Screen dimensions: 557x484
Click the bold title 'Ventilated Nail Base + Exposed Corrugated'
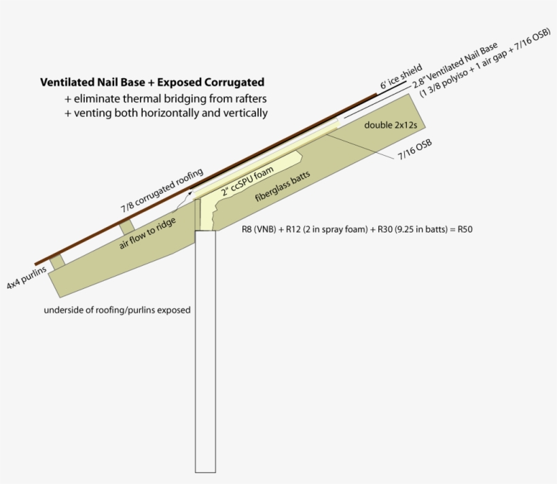pos(152,82)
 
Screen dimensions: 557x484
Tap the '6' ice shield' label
pos(401,76)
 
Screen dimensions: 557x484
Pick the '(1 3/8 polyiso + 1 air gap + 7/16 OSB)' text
pos(485,63)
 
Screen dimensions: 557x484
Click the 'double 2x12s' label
pos(391,125)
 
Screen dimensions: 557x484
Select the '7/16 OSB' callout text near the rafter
pos(415,150)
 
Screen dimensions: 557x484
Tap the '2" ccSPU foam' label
pos(247,181)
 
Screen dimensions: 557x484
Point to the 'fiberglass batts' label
pos(283,186)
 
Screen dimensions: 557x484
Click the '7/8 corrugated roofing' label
pos(162,190)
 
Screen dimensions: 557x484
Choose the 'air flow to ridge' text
pos(147,233)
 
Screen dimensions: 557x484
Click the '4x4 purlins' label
pos(26,277)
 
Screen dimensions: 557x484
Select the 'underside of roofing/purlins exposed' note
pos(118,310)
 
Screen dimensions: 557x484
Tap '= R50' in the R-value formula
pos(461,229)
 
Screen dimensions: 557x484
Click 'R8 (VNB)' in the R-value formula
pos(259,229)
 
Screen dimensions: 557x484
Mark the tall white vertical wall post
pos(205,351)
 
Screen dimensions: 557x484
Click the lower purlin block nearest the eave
pos(57,262)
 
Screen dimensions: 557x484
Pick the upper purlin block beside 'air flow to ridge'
pos(127,227)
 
